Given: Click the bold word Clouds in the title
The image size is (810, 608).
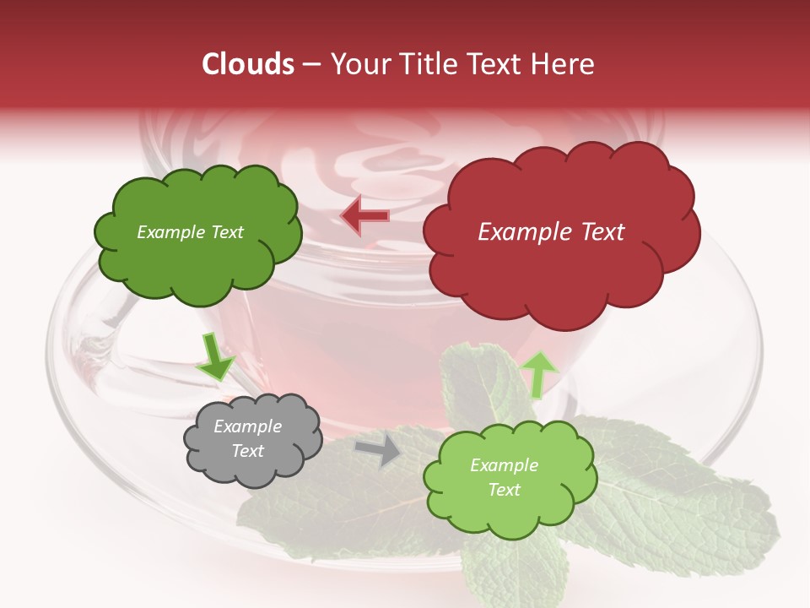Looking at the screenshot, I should [248, 64].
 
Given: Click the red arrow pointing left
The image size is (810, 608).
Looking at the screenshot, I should [364, 216].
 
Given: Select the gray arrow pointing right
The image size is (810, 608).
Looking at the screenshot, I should [379, 450].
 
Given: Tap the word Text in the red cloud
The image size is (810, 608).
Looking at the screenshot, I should [602, 232].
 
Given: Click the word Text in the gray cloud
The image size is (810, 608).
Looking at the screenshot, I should [248, 451].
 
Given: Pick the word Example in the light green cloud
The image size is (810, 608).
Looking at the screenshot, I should [504, 465].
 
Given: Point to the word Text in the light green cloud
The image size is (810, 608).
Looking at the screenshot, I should [504, 490].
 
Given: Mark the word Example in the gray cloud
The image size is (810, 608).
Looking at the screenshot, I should [248, 426].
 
